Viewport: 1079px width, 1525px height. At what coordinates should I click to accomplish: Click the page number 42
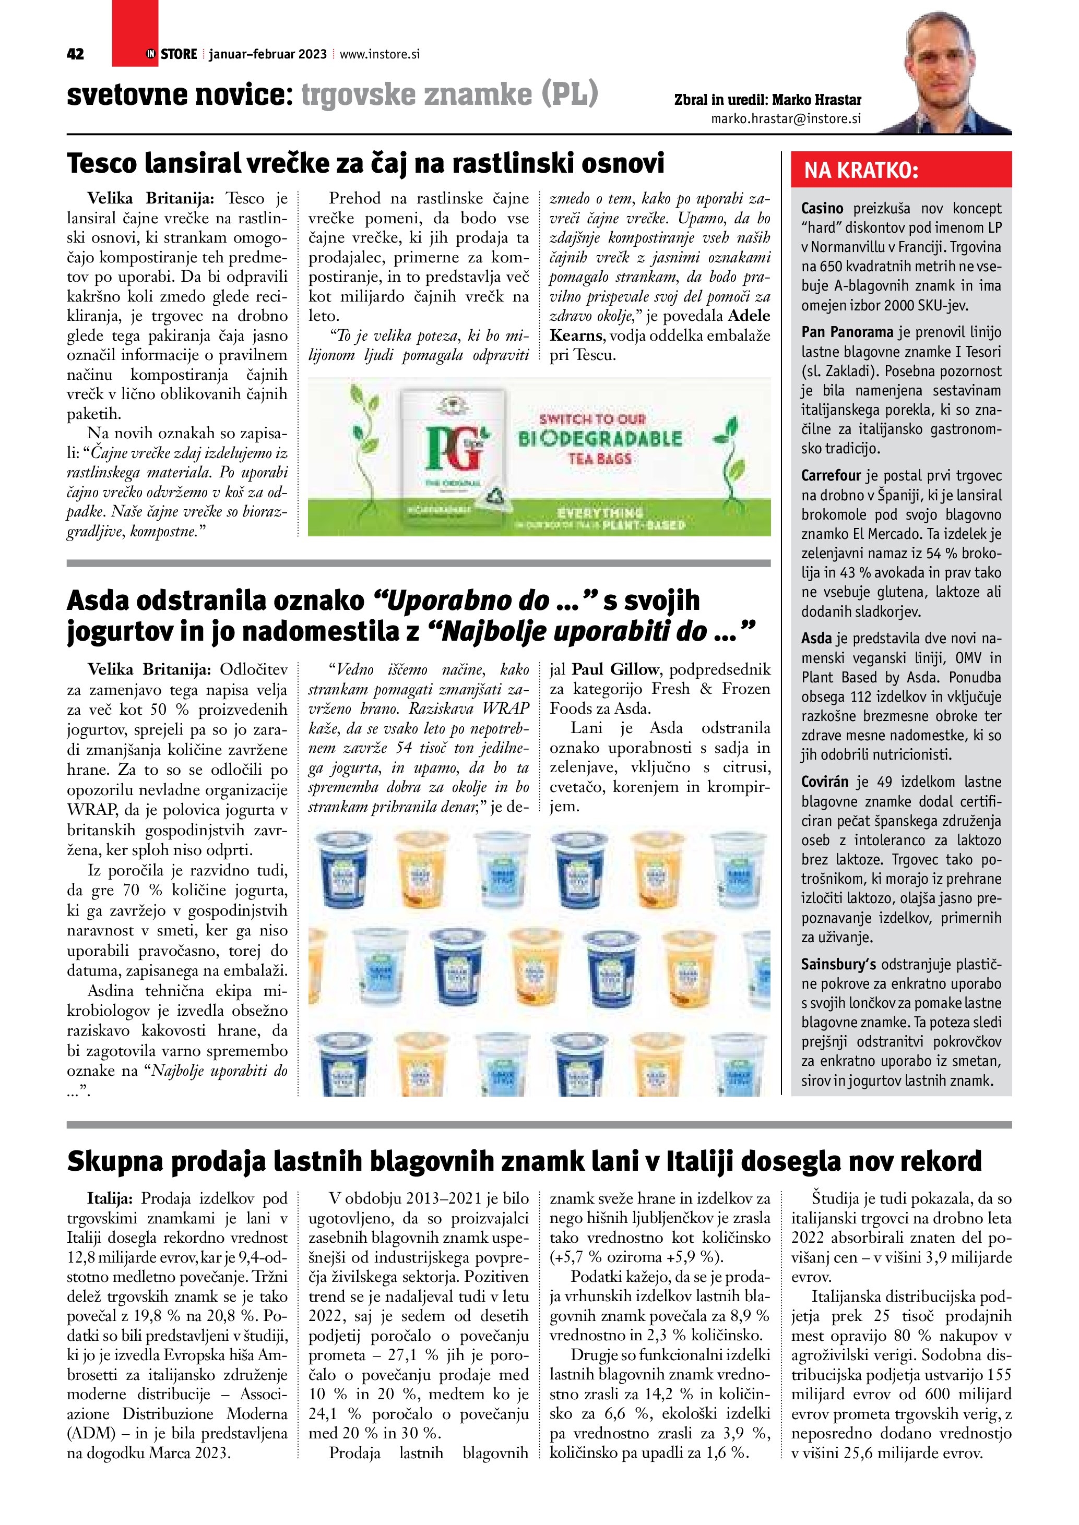(75, 54)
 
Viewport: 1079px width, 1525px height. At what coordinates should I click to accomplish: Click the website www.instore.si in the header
(380, 54)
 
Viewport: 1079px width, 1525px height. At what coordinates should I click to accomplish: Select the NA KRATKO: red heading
(861, 171)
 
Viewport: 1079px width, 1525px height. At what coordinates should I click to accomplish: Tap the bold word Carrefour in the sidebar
(831, 476)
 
